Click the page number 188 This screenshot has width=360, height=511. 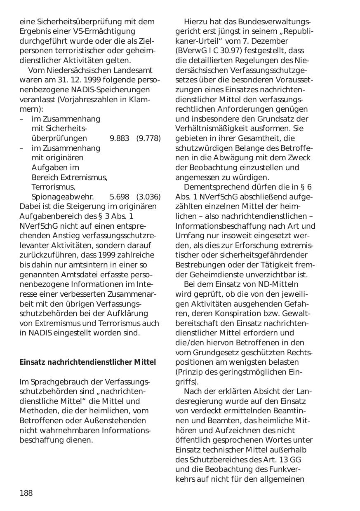click(x=26, y=493)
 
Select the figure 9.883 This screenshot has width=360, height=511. click(x=120, y=138)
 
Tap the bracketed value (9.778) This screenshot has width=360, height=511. click(x=148, y=138)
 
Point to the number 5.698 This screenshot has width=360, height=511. click(x=120, y=197)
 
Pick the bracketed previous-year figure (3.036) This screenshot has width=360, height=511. click(x=148, y=197)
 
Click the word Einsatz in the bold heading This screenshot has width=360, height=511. click(x=32, y=362)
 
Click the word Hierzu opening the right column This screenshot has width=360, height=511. click(x=197, y=21)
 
